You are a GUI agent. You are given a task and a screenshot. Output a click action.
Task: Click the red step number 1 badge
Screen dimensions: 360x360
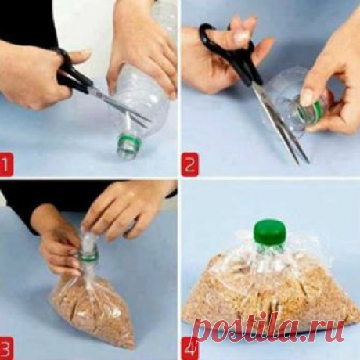[x=5, y=164]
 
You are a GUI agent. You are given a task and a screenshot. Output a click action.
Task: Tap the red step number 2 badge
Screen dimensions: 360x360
[x=190, y=164]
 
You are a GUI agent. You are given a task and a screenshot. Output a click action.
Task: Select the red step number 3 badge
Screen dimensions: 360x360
[x=5, y=348]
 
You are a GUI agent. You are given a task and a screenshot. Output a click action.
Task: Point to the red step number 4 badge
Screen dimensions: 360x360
[x=190, y=348]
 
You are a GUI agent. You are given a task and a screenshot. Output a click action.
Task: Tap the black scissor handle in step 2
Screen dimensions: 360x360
[x=229, y=49]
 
